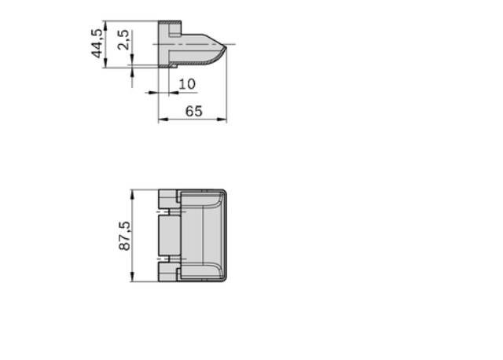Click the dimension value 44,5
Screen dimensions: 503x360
97,43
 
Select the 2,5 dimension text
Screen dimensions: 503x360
123,40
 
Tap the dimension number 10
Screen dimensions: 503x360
187,84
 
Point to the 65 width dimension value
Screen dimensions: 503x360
194,111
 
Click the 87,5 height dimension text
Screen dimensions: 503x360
124,236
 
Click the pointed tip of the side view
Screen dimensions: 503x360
226,48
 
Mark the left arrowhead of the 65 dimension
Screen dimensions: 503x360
163,119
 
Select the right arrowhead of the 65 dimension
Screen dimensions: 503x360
222,119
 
